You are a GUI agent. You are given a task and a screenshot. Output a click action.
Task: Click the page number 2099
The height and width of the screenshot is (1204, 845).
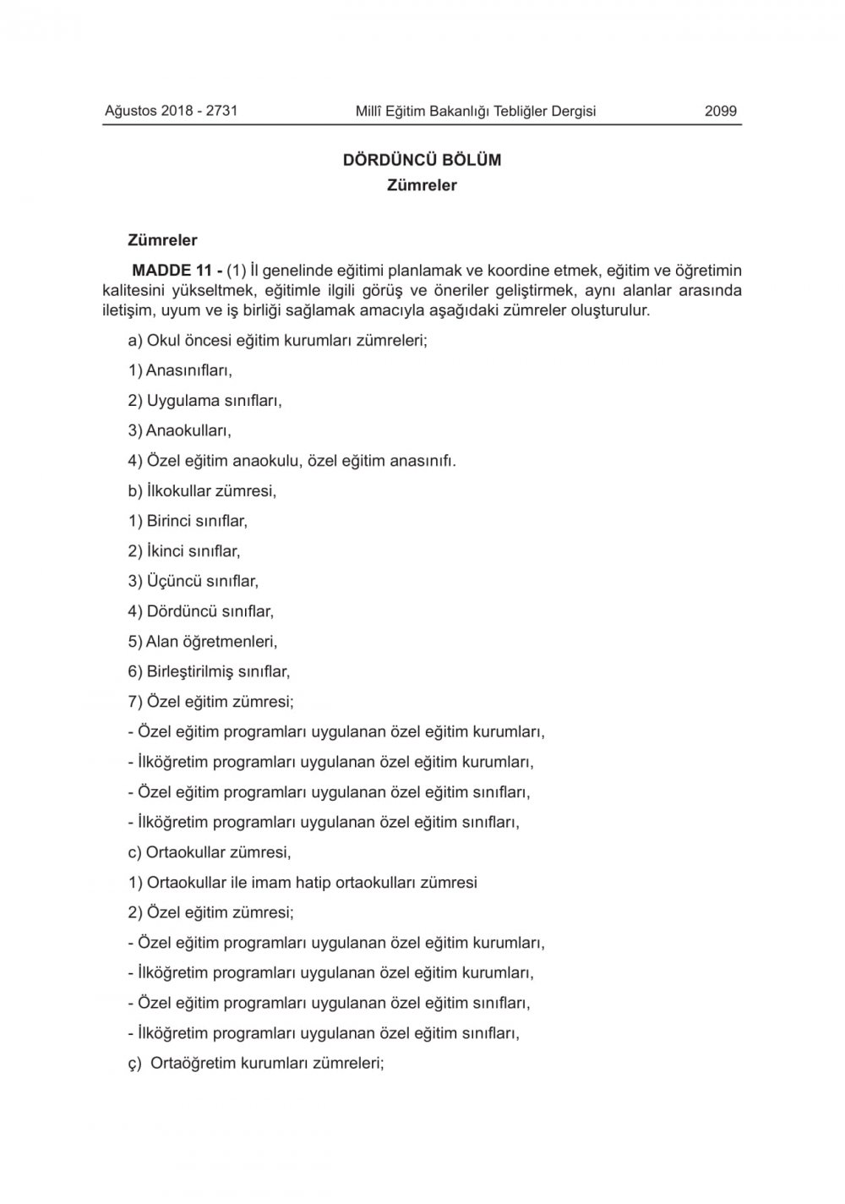(720, 111)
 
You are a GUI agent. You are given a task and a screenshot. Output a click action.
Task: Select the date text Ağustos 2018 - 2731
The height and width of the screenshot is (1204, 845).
(171, 111)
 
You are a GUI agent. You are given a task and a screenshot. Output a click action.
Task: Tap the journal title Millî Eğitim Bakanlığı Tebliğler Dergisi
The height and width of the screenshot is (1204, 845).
(476, 111)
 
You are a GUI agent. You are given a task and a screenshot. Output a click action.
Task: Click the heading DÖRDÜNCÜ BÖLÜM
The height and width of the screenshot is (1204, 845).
(422, 160)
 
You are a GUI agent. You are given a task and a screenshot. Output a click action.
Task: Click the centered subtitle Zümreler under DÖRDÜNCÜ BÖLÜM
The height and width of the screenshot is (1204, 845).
(422, 185)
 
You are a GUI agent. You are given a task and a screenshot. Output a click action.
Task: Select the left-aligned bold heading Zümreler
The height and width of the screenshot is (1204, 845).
(162, 240)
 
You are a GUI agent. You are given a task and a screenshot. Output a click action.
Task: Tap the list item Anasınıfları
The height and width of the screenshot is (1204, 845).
(179, 370)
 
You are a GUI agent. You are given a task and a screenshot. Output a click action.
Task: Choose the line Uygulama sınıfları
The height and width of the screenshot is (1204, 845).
(204, 401)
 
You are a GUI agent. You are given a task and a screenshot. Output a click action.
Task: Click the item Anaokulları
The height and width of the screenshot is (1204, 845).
(179, 430)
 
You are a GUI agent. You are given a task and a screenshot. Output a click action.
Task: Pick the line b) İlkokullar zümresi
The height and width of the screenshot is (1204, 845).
(202, 490)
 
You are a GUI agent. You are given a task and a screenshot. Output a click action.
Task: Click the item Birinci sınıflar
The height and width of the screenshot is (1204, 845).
(188, 521)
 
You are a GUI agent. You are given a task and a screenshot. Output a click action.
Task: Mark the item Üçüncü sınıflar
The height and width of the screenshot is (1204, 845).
(193, 581)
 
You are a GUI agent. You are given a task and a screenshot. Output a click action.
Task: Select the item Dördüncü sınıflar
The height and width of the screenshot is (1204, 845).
(200, 610)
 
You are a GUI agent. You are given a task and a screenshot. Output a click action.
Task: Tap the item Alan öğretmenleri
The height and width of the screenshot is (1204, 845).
(203, 641)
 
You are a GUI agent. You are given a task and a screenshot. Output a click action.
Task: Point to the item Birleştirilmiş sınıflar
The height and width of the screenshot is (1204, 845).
(209, 671)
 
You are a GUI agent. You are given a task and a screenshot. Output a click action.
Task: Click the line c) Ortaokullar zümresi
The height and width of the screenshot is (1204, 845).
(210, 852)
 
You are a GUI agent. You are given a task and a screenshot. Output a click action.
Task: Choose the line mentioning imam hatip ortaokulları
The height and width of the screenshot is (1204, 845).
(303, 883)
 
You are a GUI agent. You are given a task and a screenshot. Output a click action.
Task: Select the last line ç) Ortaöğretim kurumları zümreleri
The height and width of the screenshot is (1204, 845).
(256, 1063)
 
